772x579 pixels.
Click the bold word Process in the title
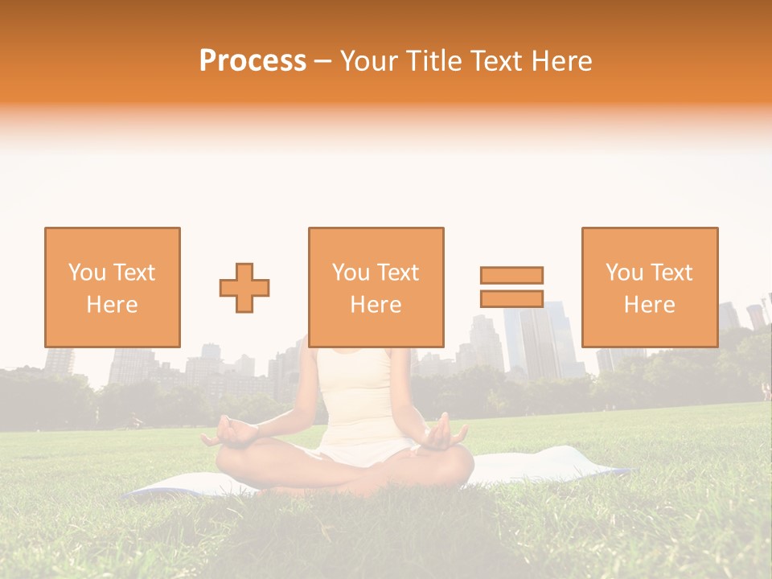click(253, 61)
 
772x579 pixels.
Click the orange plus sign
click(244, 288)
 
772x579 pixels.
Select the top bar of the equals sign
click(511, 275)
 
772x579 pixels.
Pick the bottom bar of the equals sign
click(511, 298)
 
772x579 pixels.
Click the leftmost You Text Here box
click(113, 287)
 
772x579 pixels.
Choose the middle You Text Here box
click(376, 287)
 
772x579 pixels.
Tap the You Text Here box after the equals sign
click(650, 287)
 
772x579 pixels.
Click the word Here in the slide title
click(562, 61)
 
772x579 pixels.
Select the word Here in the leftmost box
click(113, 305)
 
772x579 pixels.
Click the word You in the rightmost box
click(624, 273)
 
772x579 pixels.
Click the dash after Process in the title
click(323, 61)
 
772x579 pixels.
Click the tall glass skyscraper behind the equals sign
click(531, 338)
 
